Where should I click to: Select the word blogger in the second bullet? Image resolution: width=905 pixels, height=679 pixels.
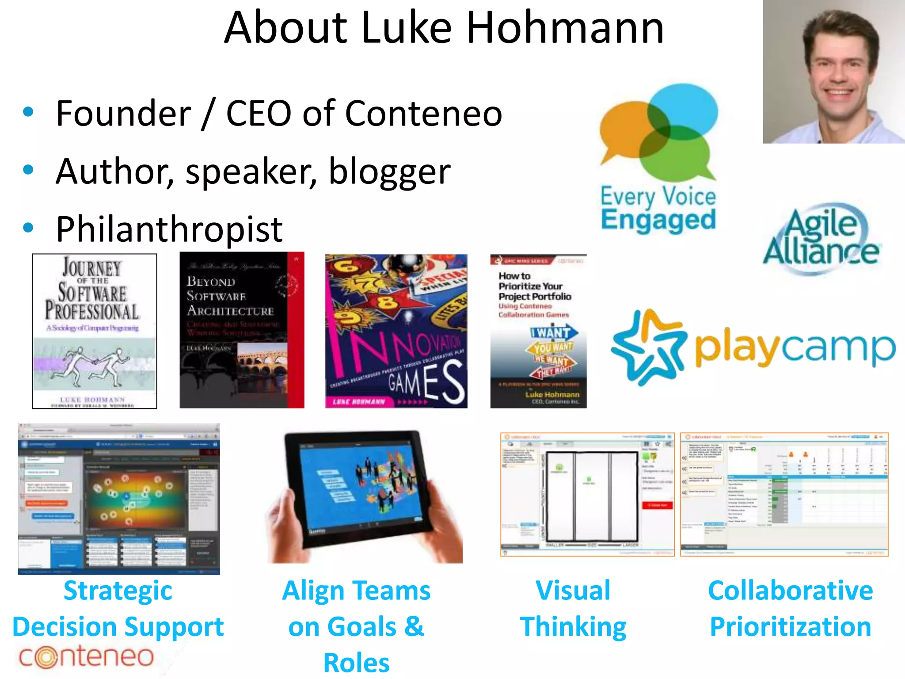[x=389, y=172]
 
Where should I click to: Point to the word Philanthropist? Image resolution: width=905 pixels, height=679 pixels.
[x=169, y=229]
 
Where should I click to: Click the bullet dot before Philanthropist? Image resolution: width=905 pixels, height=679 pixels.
[x=28, y=228]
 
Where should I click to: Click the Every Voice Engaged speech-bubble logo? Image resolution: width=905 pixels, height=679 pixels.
[x=658, y=133]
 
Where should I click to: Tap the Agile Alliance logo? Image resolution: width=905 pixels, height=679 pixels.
[x=821, y=239]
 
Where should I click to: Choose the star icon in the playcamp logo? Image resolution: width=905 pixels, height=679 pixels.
[x=648, y=347]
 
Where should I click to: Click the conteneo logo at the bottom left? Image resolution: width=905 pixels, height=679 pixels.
[x=86, y=657]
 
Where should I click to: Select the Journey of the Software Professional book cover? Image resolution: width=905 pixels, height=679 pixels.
[x=95, y=331]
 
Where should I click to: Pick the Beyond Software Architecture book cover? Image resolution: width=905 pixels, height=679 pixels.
[x=242, y=330]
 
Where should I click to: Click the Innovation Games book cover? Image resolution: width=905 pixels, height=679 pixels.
[x=396, y=331]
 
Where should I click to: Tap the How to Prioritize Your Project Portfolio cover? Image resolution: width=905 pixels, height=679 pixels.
[x=538, y=331]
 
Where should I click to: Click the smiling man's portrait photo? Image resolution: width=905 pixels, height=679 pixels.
[x=834, y=72]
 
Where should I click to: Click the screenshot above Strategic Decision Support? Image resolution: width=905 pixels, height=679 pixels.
[x=119, y=499]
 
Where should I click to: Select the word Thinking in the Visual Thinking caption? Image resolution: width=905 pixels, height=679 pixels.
[x=573, y=627]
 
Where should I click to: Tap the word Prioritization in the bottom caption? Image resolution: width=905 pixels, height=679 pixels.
[x=791, y=627]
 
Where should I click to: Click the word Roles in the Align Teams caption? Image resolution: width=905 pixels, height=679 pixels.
[x=357, y=663]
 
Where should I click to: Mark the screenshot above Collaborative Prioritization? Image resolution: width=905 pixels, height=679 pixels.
[x=784, y=494]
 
